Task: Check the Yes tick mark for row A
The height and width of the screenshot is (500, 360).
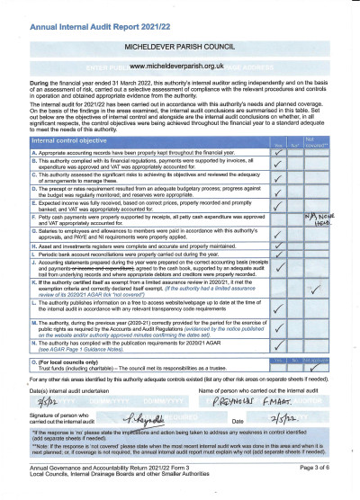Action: click(x=281, y=154)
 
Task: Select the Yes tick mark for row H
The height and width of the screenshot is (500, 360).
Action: click(x=281, y=248)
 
